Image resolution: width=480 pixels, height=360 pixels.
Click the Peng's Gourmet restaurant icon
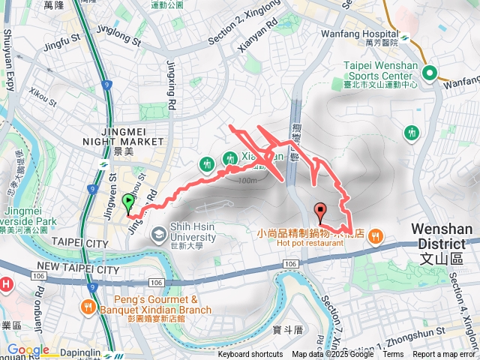pyautogui.click(x=88, y=306)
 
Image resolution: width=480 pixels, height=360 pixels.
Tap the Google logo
pyautogui.click(x=28, y=350)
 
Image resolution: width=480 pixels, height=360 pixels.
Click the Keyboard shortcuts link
pyautogui.click(x=250, y=355)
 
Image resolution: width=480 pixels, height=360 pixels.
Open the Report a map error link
pyautogui.click(x=444, y=355)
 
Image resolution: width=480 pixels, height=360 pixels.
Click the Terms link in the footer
pyautogui.click(x=393, y=355)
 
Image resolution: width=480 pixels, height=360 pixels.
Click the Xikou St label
pyautogui.click(x=43, y=97)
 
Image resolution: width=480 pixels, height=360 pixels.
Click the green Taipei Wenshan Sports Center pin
pyautogui.click(x=430, y=73)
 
